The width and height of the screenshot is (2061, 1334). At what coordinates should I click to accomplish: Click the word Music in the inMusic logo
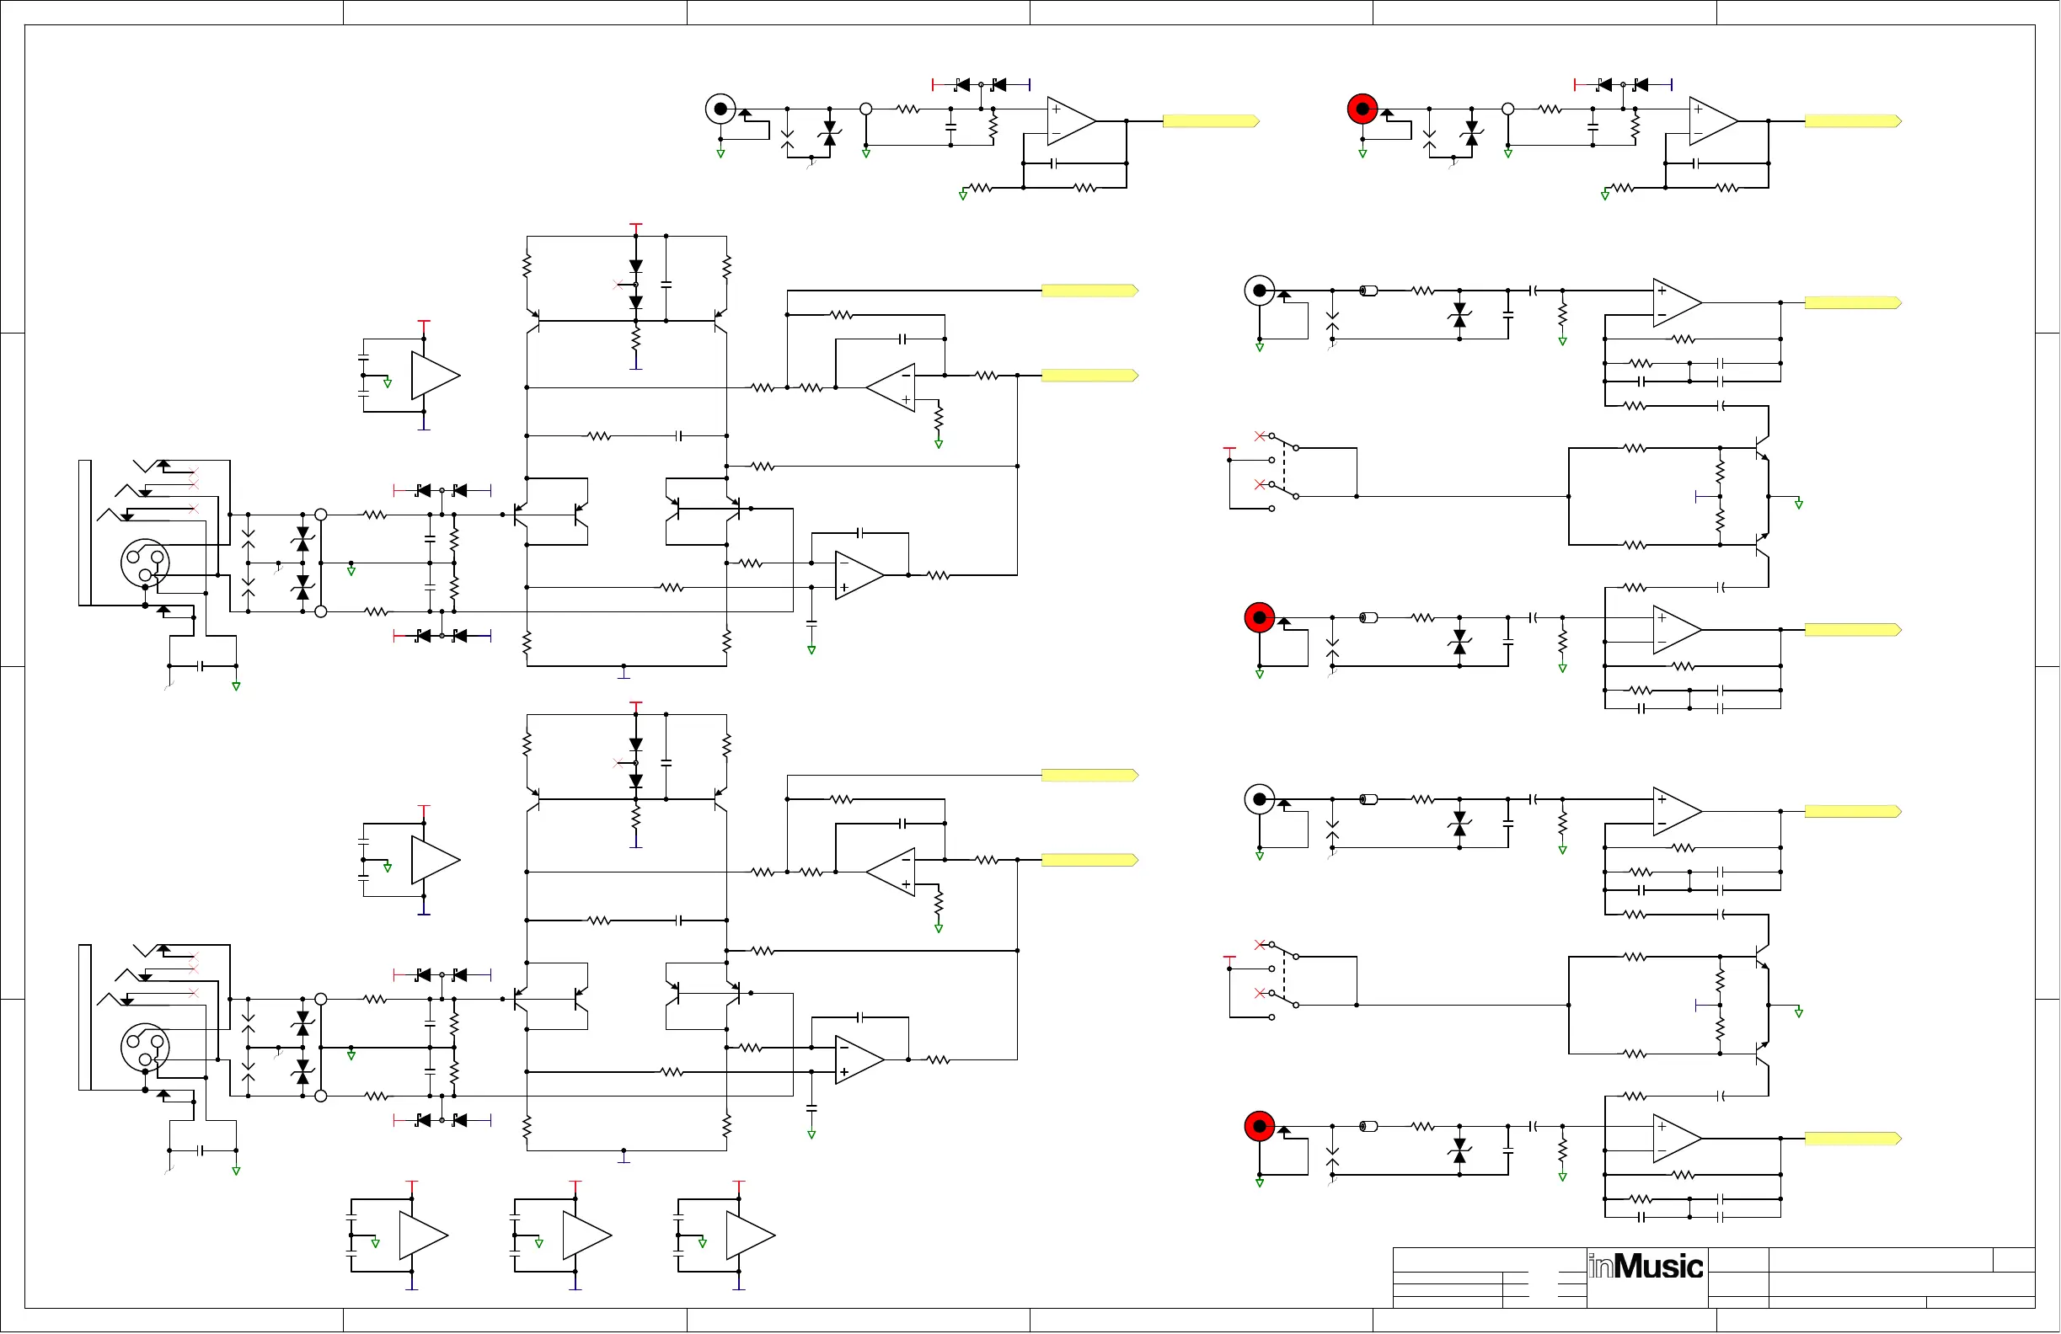pos(1657,1267)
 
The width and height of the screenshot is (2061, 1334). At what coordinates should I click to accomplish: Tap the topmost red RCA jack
pos(1362,109)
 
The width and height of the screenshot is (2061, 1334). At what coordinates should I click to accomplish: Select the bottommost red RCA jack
pos(1259,1126)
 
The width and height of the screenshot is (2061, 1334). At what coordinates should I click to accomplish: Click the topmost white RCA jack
pos(720,109)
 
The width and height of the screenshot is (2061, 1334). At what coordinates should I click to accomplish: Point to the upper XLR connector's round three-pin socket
pos(145,563)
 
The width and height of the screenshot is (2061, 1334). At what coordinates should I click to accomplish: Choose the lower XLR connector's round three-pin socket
pos(145,1048)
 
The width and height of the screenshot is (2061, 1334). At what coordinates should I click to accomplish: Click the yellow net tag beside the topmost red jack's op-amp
pos(1852,121)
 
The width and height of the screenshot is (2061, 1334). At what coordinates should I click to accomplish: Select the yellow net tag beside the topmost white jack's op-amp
pos(1210,121)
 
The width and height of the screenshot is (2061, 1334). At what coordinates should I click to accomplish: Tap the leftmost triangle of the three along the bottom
pos(423,1235)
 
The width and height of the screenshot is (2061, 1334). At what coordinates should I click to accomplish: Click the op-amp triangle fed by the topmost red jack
pos(1712,121)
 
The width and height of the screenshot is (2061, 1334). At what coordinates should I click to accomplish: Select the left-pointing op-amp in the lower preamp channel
pos(892,872)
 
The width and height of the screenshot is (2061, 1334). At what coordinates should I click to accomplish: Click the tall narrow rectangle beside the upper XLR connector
pos(85,532)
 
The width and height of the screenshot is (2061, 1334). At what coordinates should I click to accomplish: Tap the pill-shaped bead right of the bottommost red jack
pos(1368,1126)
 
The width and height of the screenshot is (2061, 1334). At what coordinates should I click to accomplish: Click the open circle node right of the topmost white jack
pos(866,109)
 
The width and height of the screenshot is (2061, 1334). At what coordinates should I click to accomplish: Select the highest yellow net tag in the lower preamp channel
pos(1089,775)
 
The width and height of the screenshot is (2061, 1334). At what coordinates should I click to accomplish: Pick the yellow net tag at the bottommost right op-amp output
pos(1852,1139)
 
